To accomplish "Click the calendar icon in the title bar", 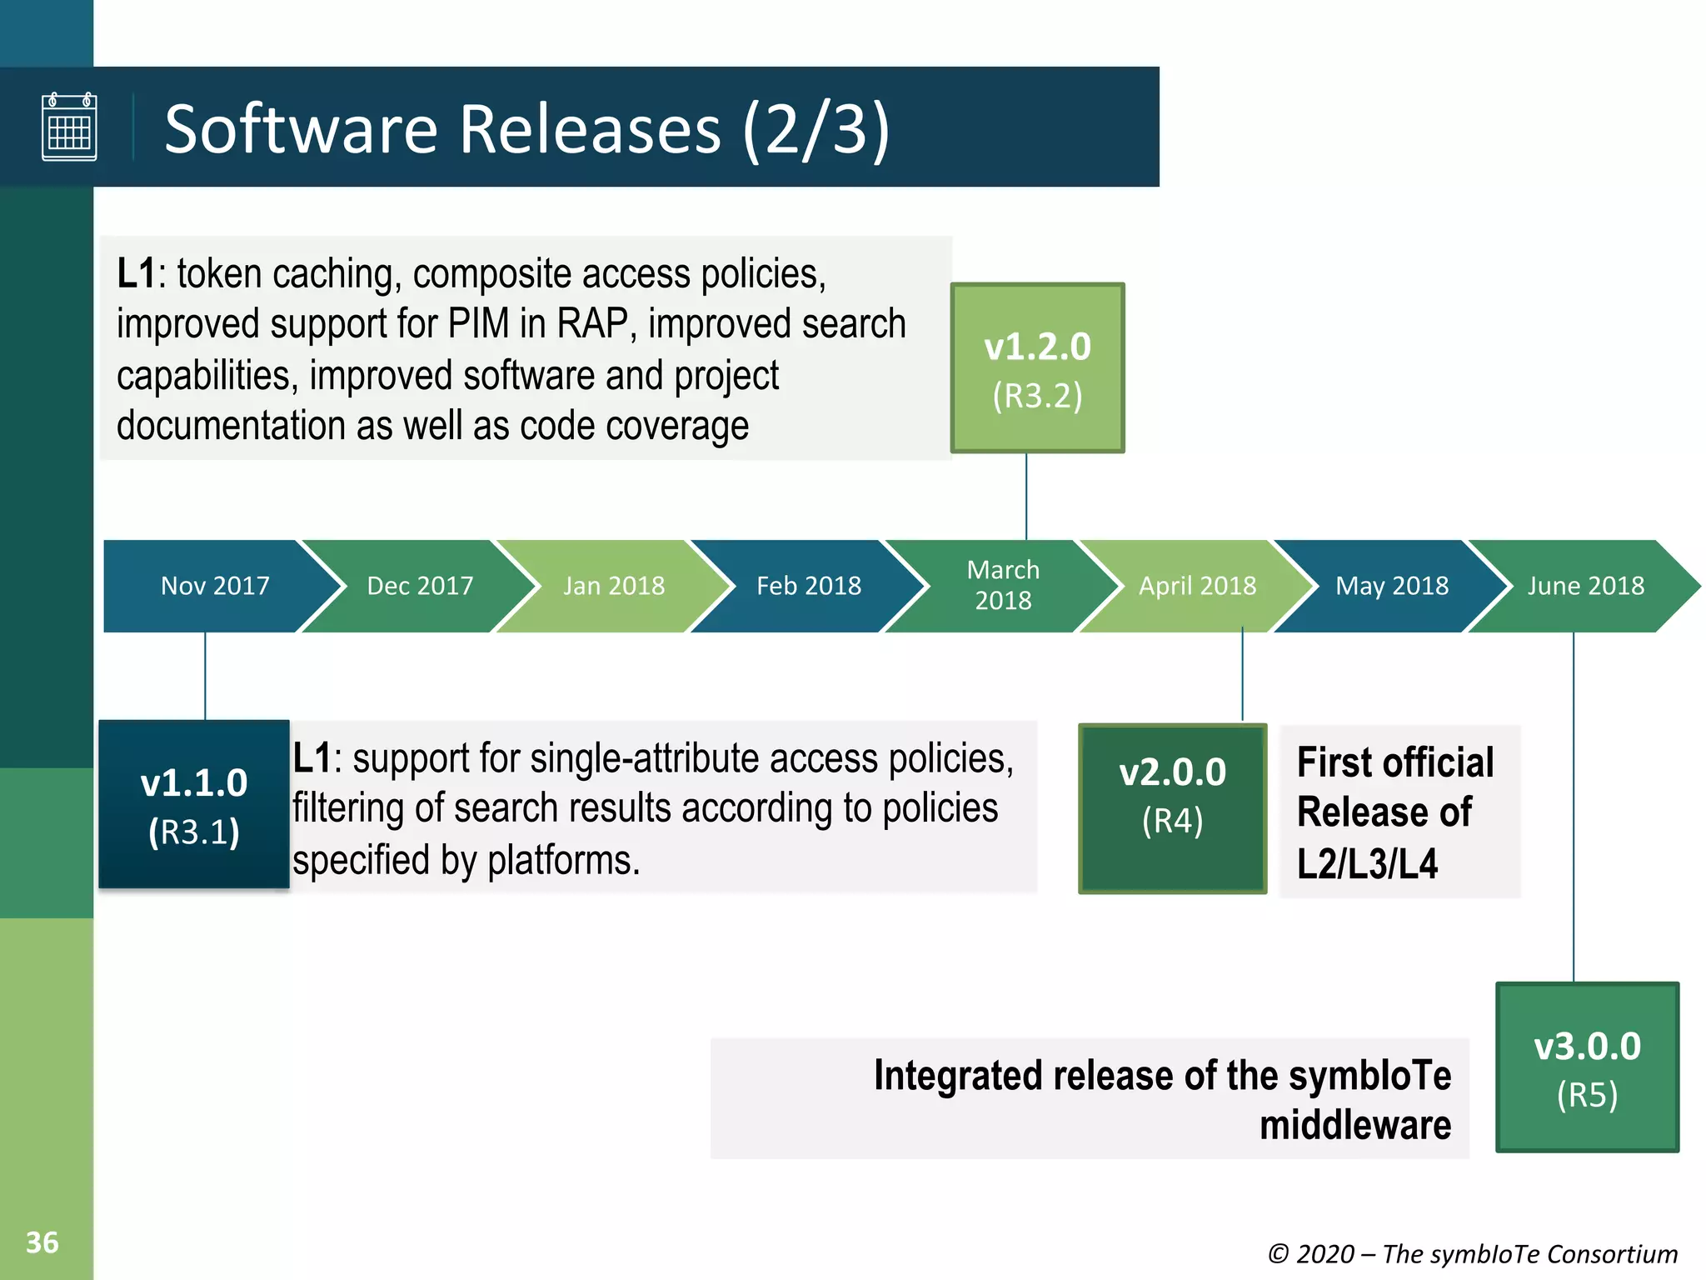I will pyautogui.click(x=69, y=127).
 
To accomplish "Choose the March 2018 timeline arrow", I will pyautogui.click(x=1003, y=586).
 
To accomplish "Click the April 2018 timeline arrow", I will pyautogui.click(x=1197, y=586).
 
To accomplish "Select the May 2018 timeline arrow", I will pyautogui.click(x=1392, y=586).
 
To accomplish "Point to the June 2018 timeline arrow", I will pyautogui.click(x=1585, y=586).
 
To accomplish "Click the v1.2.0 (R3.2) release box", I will pyautogui.click(x=1037, y=368).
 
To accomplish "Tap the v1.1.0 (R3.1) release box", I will pyautogui.click(x=194, y=805).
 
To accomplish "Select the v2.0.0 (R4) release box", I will pyautogui.click(x=1172, y=809).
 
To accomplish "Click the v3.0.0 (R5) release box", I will pyautogui.click(x=1587, y=1067).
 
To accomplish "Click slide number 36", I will pyautogui.click(x=42, y=1242).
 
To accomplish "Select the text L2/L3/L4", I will pyautogui.click(x=1367, y=863).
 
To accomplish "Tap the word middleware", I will pyautogui.click(x=1354, y=1125).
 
